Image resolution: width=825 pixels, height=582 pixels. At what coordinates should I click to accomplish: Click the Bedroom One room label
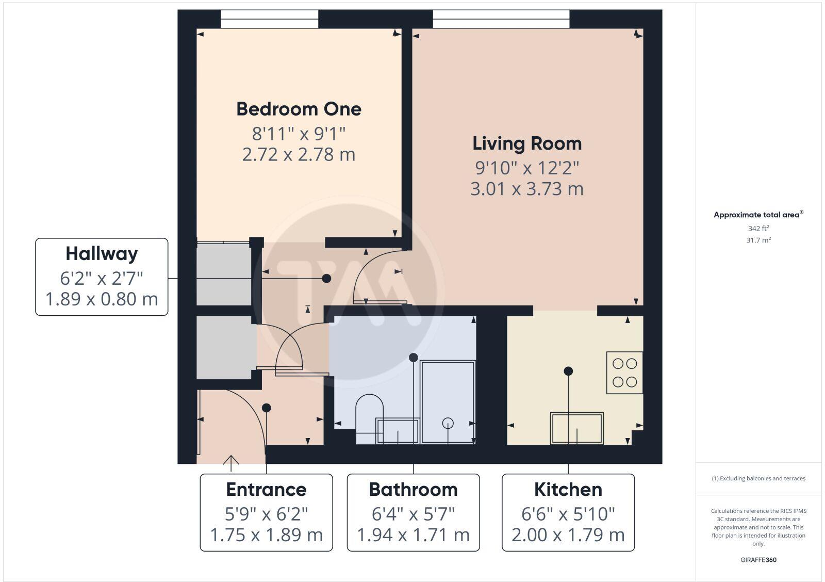click(299, 109)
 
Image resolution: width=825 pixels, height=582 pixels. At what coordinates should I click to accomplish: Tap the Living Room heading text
click(526, 143)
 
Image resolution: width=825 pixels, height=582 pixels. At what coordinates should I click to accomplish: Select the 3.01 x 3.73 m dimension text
click(526, 189)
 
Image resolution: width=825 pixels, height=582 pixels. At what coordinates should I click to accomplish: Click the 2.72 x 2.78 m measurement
click(299, 154)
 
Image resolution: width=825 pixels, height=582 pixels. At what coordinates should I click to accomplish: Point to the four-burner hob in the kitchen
click(624, 373)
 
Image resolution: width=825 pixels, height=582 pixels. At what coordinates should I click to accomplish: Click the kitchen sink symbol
click(576, 428)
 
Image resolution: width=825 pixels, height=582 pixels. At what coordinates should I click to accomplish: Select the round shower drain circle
click(448, 423)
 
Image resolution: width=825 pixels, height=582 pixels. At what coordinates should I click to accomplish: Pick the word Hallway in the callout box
click(102, 254)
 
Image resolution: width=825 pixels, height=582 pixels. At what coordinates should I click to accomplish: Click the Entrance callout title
click(266, 489)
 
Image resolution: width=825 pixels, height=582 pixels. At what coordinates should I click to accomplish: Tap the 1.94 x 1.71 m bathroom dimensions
click(413, 535)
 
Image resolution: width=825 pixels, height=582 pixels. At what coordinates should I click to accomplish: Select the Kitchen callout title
click(568, 489)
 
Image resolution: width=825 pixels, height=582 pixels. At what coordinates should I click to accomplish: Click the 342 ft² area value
click(758, 228)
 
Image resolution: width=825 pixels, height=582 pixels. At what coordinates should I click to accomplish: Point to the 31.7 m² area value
click(758, 240)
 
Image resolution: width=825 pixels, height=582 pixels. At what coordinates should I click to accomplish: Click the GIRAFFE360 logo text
click(758, 560)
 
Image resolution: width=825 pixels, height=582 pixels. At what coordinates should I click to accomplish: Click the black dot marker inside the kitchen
click(568, 371)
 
